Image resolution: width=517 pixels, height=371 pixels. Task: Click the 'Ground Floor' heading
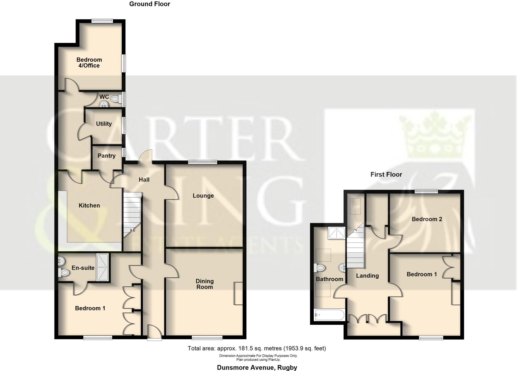point(149,4)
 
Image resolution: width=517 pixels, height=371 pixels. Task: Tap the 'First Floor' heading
point(386,174)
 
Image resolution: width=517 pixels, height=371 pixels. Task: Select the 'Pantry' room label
point(107,156)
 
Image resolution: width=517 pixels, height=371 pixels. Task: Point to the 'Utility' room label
point(104,124)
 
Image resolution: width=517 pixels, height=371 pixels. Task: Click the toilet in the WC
point(116,99)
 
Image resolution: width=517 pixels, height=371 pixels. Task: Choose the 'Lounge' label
point(203,196)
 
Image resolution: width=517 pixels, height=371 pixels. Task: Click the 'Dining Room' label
point(204,284)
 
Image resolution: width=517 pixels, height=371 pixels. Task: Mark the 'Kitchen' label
point(89,205)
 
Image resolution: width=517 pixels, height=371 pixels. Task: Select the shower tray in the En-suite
point(102,267)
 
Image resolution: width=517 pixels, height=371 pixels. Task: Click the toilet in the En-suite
point(64,272)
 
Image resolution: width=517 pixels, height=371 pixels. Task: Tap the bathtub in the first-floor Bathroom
point(329,315)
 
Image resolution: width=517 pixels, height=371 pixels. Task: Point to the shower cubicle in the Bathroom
point(336,233)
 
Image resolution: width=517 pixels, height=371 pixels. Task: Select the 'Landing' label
point(367,276)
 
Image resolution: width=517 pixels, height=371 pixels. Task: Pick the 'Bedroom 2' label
point(427,219)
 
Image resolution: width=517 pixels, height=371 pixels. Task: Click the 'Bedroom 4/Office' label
point(89,63)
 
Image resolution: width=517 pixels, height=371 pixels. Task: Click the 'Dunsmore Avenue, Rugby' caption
point(257,367)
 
